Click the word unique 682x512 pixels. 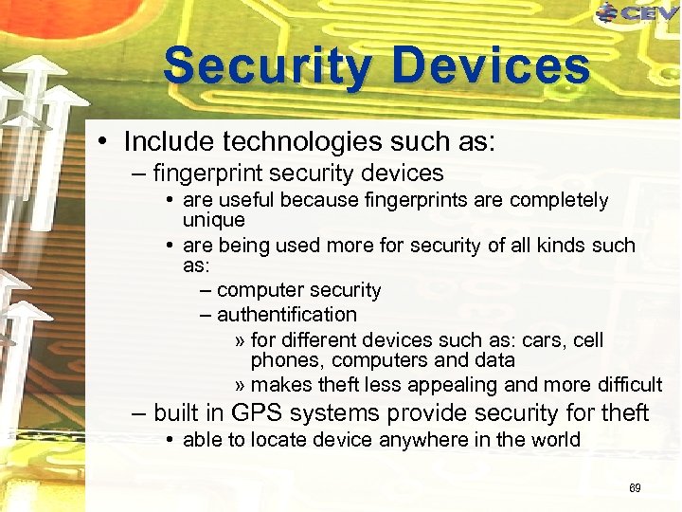[214, 220]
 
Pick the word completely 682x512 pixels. [559, 201]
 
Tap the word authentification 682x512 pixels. [287, 315]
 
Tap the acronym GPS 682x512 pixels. [254, 414]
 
